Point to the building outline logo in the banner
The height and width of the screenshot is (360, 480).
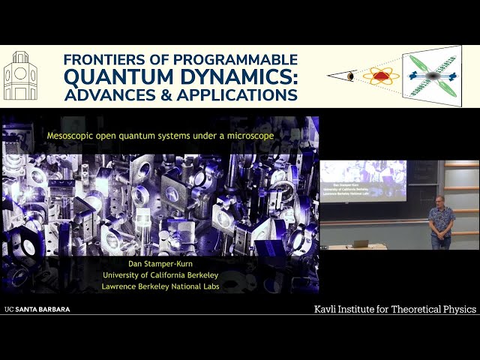tap(20, 76)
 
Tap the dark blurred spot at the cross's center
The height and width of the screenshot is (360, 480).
tap(432, 76)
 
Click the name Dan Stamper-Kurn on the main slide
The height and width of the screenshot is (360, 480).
tap(160, 263)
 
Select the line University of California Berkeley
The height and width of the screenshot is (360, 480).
tap(160, 274)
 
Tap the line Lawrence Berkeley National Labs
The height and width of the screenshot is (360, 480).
tap(160, 286)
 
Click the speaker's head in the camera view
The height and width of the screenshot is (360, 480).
tap(441, 200)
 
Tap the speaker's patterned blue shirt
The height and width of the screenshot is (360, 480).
tap(442, 220)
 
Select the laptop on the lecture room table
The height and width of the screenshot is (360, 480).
tap(360, 244)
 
